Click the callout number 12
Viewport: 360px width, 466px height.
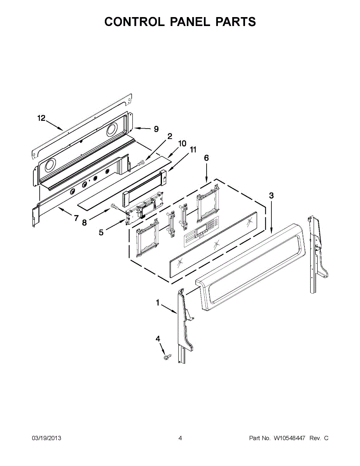tap(42, 118)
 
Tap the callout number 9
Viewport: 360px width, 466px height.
tap(156, 129)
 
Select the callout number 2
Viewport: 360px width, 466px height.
tap(169, 136)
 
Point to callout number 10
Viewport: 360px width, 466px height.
tap(182, 143)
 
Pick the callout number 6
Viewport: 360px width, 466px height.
tap(206, 158)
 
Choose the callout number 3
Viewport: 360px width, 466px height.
tap(271, 196)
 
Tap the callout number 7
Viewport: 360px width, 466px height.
tap(76, 218)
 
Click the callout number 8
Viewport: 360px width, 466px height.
tap(85, 223)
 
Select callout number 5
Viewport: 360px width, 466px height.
tap(101, 233)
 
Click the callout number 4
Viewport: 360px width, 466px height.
tap(158, 339)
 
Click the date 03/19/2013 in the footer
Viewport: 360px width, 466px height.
tap(46, 438)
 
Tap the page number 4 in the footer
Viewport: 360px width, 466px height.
tap(180, 438)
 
